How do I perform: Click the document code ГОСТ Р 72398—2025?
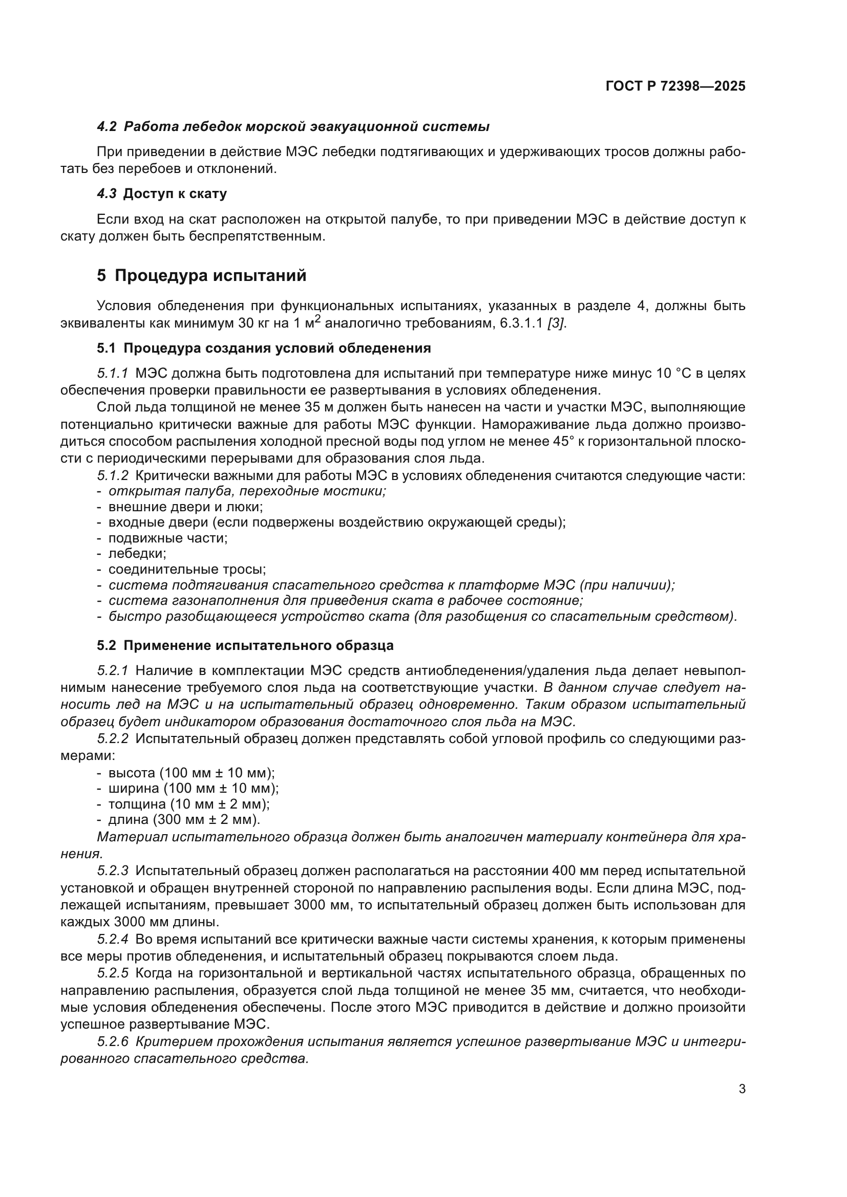click(675, 86)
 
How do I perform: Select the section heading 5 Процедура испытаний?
click(201, 275)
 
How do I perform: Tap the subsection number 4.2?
click(107, 127)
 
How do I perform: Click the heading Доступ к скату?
click(175, 194)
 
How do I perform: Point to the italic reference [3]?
click(557, 323)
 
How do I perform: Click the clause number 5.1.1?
click(112, 373)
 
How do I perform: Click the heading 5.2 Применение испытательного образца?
click(245, 646)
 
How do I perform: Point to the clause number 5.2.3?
click(112, 870)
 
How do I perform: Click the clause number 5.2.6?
click(112, 1041)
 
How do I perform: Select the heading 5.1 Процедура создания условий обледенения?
click(264, 349)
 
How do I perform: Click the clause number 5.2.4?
click(112, 940)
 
